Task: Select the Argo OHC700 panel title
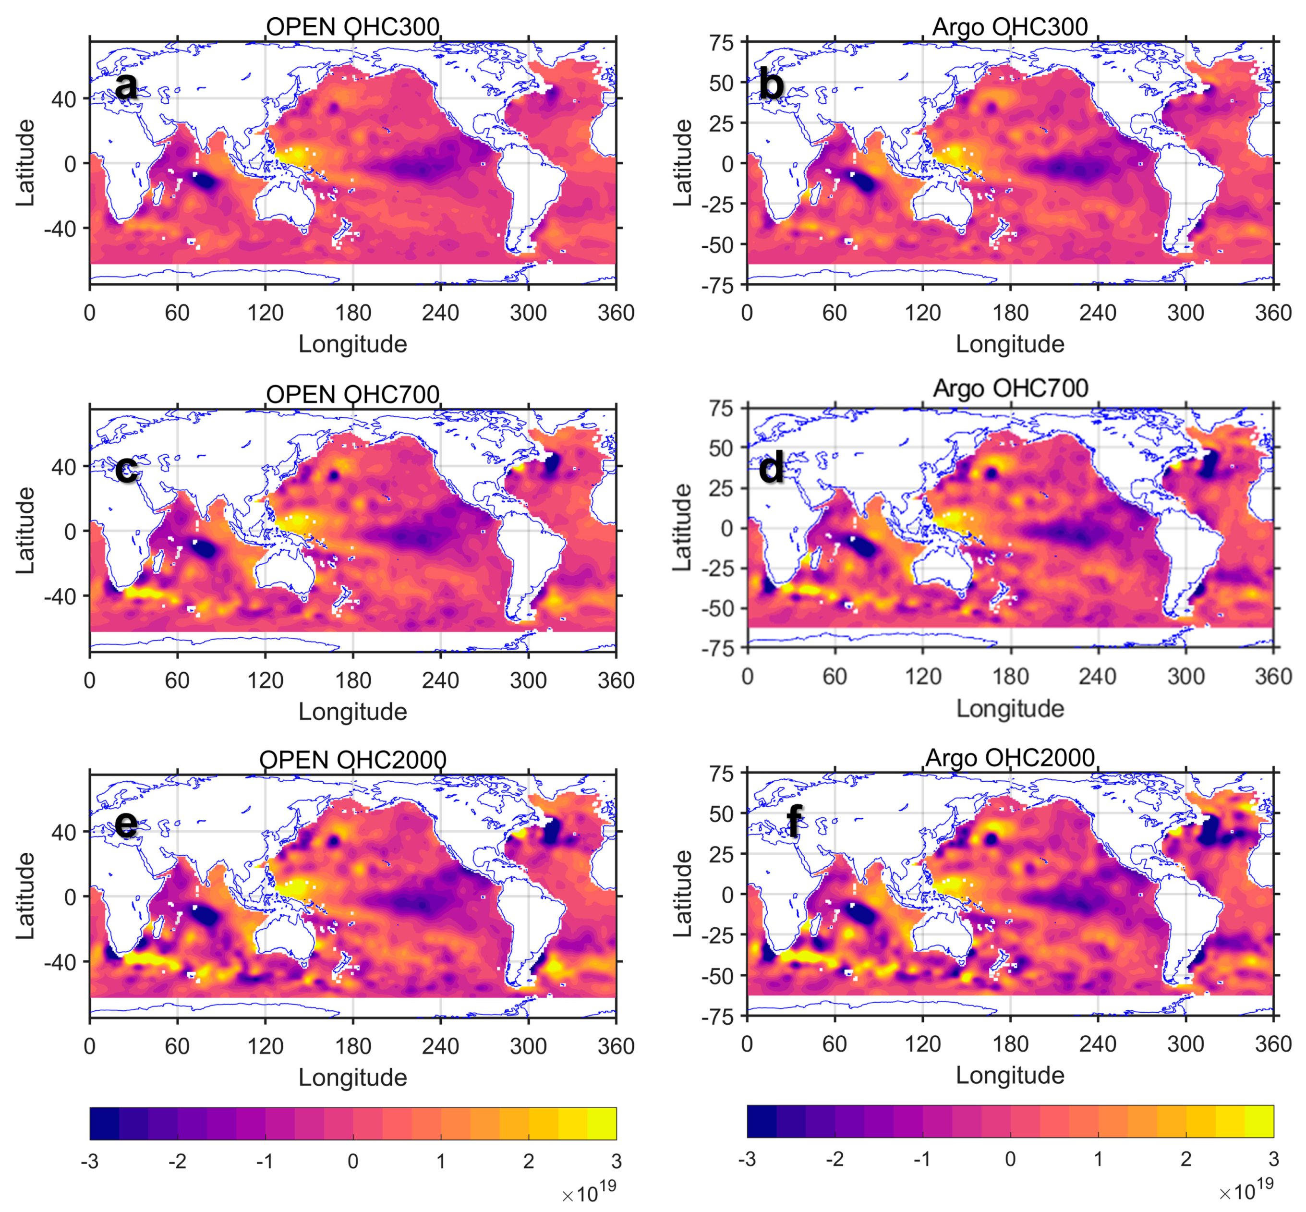pos(1010,388)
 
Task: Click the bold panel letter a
pos(126,85)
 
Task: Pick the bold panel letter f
pos(794,821)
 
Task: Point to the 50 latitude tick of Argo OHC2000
pos(721,814)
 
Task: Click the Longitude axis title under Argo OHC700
pos(1010,708)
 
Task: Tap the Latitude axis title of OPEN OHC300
pos(25,163)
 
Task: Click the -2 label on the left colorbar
pos(177,1162)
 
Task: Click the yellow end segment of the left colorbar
pos(601,1124)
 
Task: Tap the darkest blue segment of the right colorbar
pos(761,1121)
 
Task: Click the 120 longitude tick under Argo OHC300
pos(922,313)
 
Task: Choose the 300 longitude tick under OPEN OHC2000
pos(528,1046)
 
